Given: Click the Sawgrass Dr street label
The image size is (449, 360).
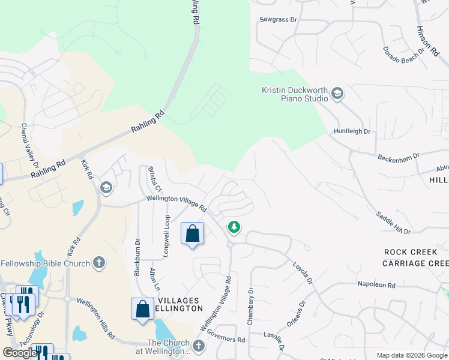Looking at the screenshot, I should click(279, 19).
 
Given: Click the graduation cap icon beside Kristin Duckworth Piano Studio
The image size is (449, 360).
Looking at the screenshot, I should click(337, 93).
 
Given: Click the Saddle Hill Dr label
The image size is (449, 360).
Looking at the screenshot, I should click(393, 223).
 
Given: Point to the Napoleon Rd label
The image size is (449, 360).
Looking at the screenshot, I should click(377, 285).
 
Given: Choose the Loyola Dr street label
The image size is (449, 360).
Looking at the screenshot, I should click(303, 272).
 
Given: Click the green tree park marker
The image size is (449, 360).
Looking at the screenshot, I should click(234, 227).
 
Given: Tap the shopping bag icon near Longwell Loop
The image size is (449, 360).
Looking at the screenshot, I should click(192, 233).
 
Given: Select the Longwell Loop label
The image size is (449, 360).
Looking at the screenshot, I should click(167, 236).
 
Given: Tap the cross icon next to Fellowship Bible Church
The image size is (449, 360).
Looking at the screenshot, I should click(99, 263).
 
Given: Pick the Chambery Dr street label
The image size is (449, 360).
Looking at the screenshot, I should click(251, 306).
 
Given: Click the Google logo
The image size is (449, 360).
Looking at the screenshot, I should click(20, 353).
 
